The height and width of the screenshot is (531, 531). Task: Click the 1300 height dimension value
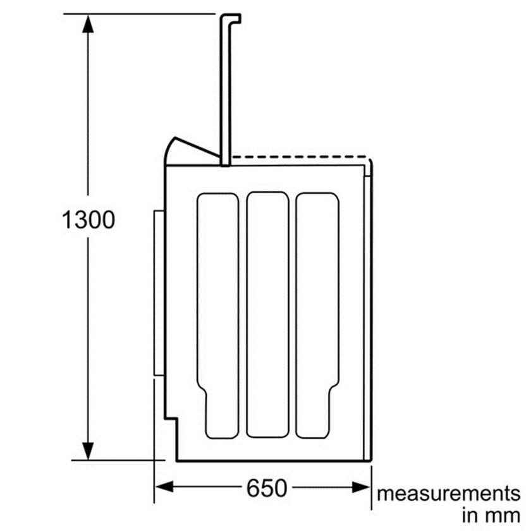88,220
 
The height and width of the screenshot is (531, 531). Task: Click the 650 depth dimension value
267,488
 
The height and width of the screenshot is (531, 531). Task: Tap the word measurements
448,494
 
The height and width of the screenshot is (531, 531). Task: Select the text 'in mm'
491,516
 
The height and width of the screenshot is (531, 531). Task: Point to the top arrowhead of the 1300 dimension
88,24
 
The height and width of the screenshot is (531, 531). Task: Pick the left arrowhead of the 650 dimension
164,487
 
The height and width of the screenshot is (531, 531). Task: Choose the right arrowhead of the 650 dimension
361,487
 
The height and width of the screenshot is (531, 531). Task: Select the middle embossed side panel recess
267,315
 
